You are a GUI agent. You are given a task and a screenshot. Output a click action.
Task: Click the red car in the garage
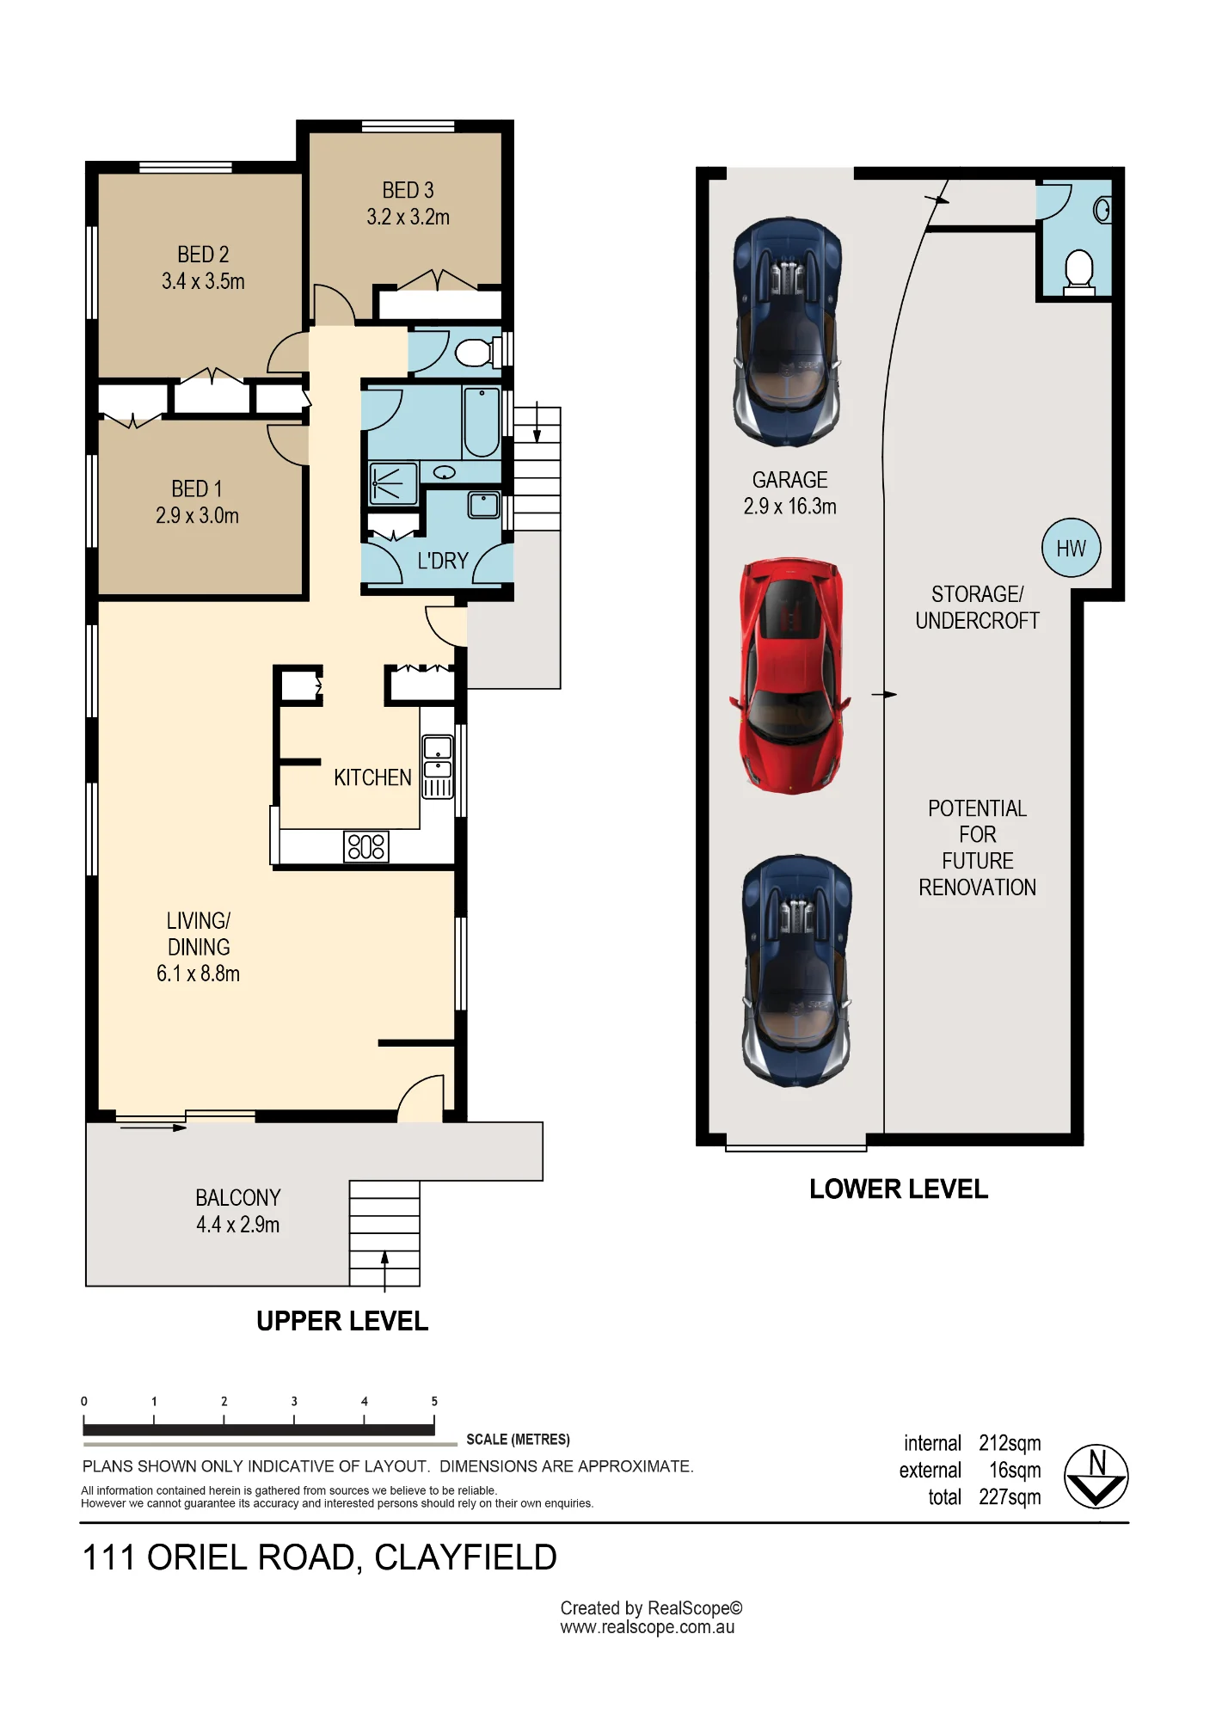tap(790, 675)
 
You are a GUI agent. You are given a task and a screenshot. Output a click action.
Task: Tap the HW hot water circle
tap(1071, 548)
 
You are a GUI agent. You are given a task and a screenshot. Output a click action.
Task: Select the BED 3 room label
tap(408, 190)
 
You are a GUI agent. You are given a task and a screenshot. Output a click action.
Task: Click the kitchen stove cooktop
tap(366, 846)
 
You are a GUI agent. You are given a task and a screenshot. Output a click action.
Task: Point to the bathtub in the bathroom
tap(482, 422)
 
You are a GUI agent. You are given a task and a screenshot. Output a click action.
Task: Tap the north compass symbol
tap(1096, 1477)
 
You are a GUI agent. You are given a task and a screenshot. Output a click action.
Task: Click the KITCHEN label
tap(372, 777)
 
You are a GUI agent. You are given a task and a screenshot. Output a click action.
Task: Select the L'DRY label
tap(443, 561)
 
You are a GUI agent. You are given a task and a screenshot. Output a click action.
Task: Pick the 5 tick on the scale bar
tap(434, 1402)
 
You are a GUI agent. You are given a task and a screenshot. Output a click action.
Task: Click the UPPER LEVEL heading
tap(342, 1321)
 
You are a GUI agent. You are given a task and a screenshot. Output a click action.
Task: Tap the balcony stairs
tap(384, 1233)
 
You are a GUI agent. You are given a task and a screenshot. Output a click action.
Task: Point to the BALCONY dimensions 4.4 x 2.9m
tap(238, 1225)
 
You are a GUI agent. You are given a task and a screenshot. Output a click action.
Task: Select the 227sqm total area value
tap(1010, 1497)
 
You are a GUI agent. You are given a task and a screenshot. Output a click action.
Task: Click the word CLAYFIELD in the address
tap(465, 1558)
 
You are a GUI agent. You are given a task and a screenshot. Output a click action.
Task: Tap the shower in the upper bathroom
tap(393, 483)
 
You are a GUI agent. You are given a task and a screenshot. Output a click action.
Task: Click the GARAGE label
tap(789, 480)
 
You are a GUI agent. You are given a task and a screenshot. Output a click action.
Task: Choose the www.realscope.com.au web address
tap(648, 1627)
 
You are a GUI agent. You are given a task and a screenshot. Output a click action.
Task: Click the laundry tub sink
tap(483, 505)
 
